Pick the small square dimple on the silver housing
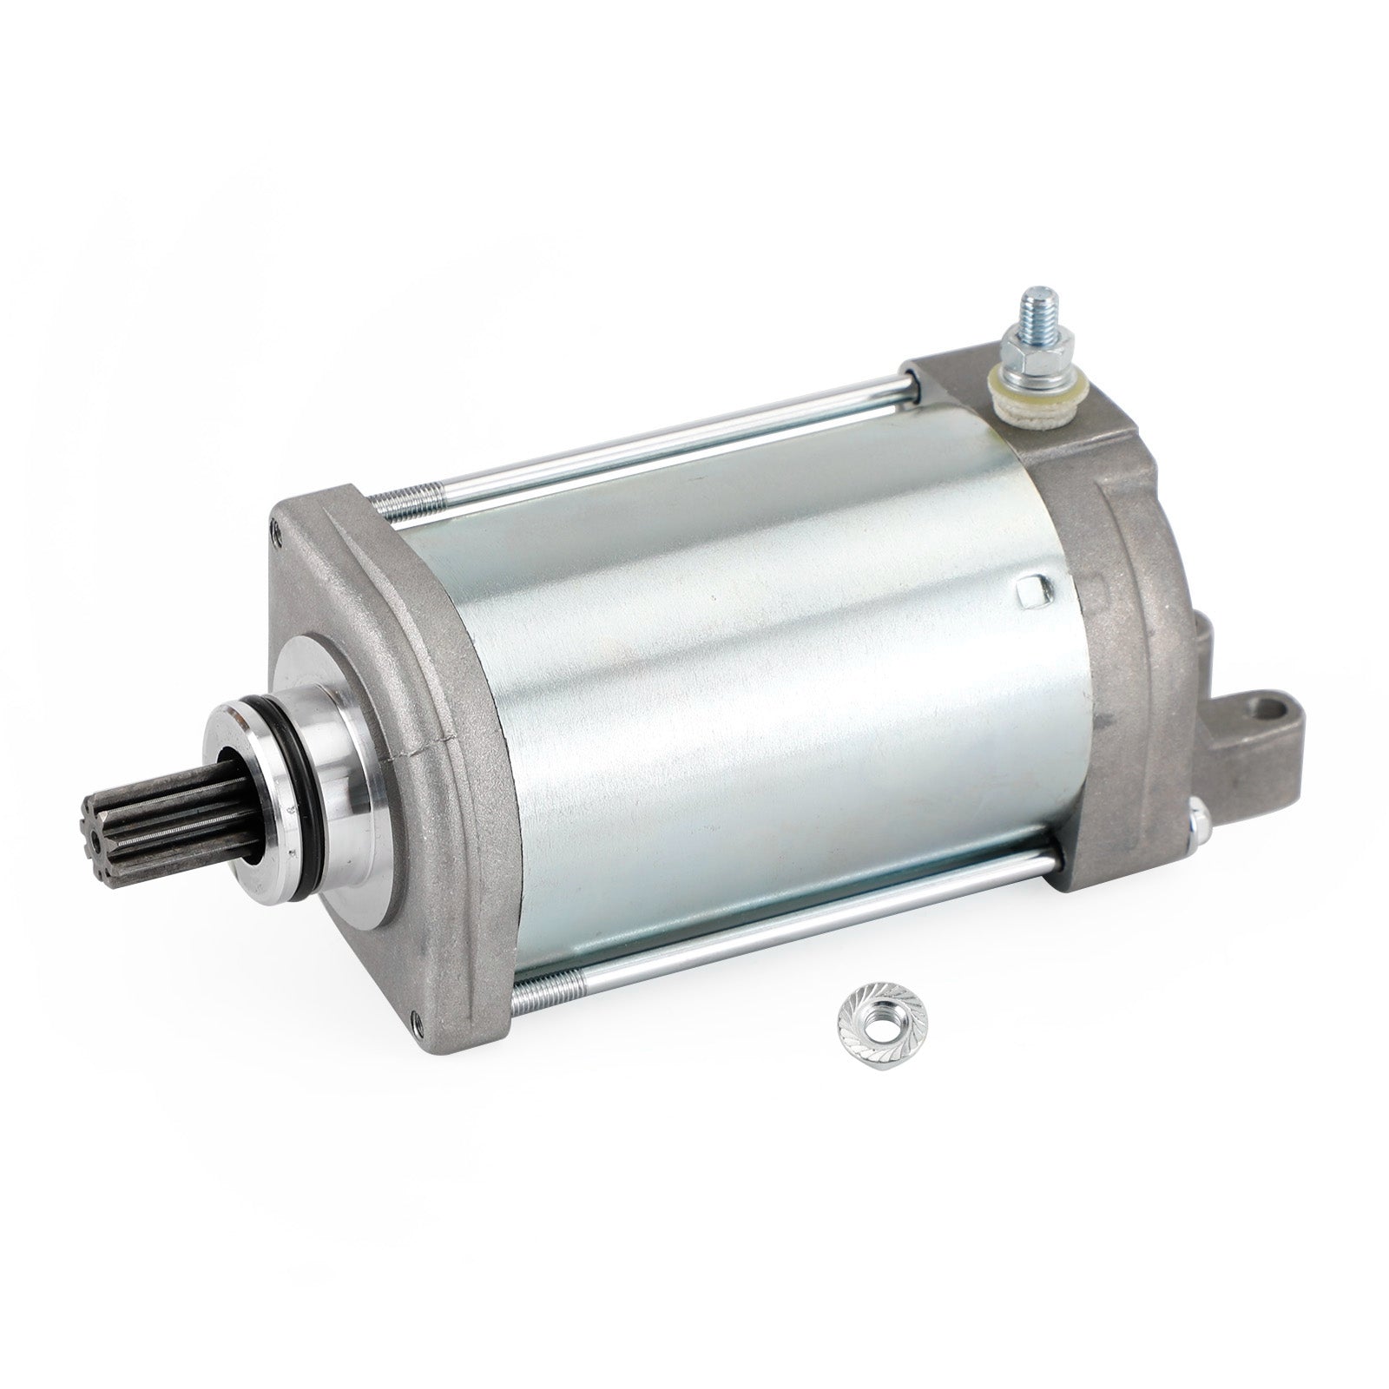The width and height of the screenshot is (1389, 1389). click(1026, 591)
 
